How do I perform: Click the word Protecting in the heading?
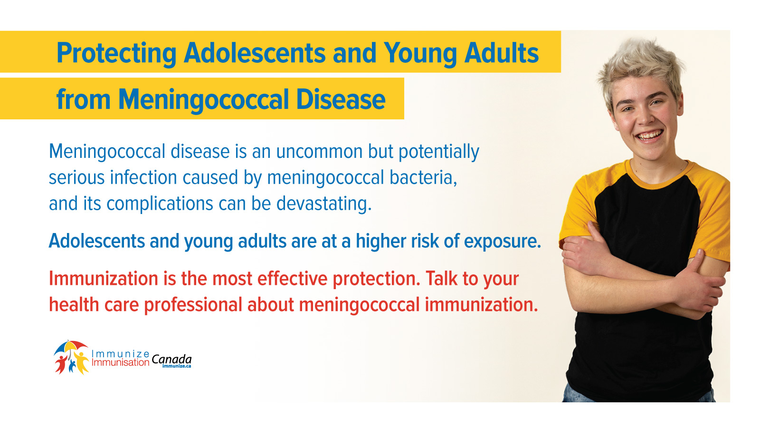[x=116, y=53]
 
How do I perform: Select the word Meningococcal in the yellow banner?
[x=203, y=99]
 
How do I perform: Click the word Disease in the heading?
[x=341, y=99]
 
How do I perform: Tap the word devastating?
[x=323, y=204]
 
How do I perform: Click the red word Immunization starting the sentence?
[x=104, y=279]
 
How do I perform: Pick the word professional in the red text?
[x=193, y=305]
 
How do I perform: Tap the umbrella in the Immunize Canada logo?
[x=70, y=347]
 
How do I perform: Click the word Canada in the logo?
[x=171, y=359]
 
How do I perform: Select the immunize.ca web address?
[x=177, y=366]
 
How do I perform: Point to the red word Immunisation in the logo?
[x=121, y=362]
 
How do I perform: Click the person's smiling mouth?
[x=649, y=135]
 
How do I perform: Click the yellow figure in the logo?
[x=81, y=362]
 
